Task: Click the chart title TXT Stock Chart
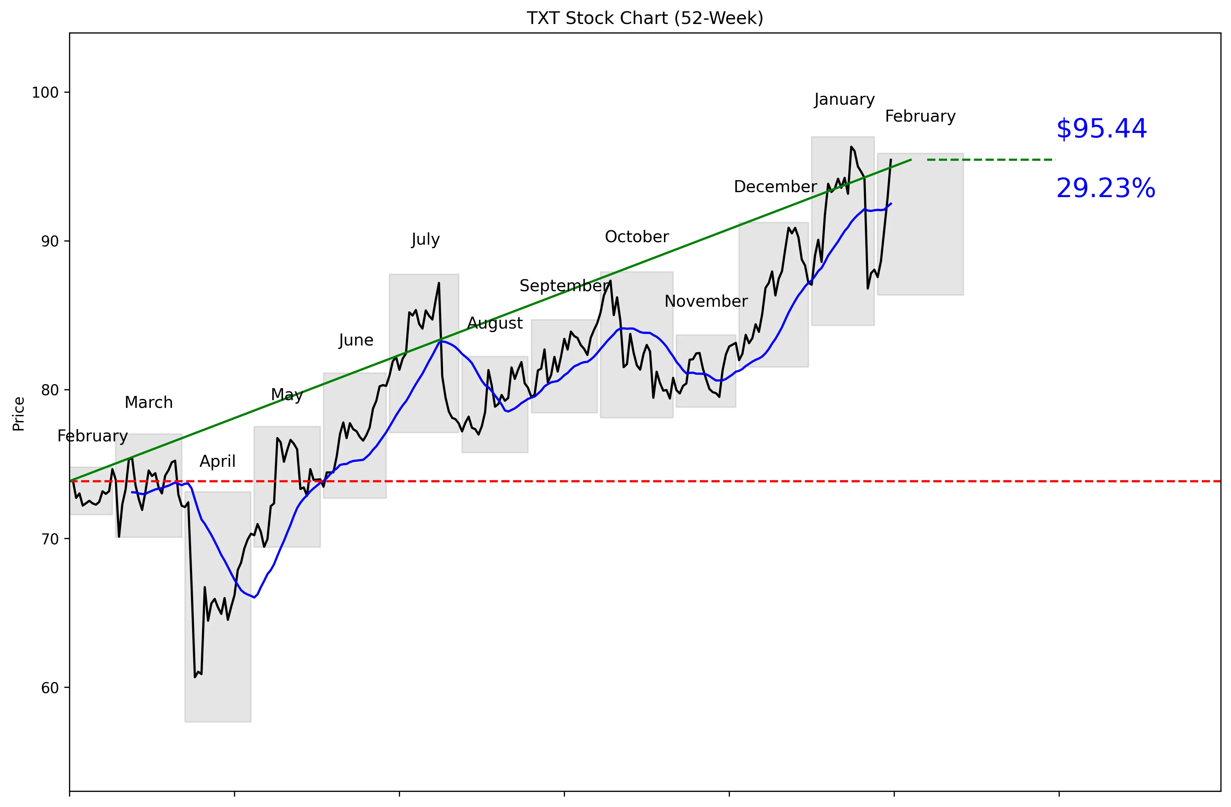645,18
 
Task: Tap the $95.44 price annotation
1101,129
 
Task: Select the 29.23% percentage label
1105,188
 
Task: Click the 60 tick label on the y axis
50,688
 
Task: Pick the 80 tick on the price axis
50,390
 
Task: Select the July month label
425,239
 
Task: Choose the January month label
844,99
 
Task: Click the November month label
706,301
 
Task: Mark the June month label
356,340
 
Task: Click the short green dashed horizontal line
991,160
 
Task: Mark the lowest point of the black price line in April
195,677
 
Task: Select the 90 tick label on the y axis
50,242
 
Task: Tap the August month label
495,323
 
